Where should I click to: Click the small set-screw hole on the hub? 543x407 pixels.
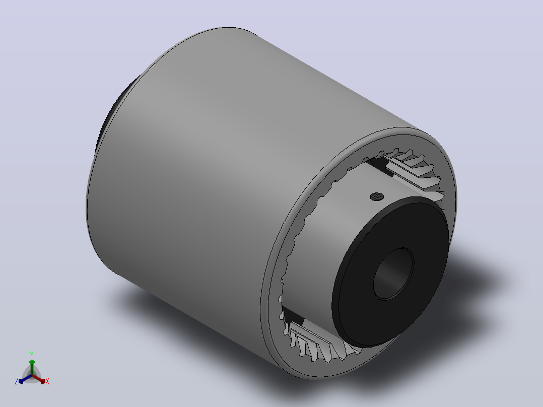point(377,197)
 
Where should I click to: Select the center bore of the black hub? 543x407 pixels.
point(393,274)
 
